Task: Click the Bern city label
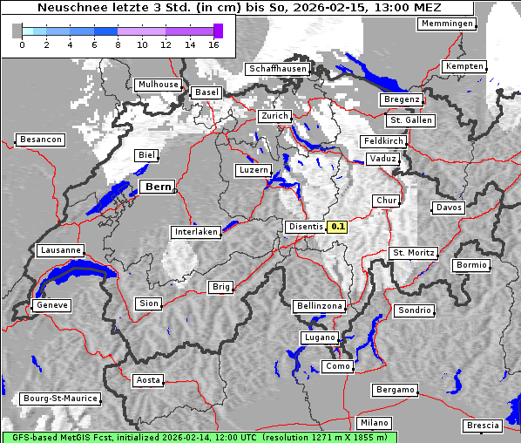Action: [x=158, y=187]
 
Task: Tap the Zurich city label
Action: [x=274, y=116]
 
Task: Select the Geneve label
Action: [x=51, y=305]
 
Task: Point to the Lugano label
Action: [x=319, y=337]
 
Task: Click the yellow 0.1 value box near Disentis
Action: [x=337, y=227]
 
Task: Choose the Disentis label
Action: [x=305, y=227]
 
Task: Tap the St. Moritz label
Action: [x=413, y=253]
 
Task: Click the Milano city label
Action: [x=375, y=423]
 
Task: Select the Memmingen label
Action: [x=447, y=24]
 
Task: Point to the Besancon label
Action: [x=40, y=140]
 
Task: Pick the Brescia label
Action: [x=483, y=426]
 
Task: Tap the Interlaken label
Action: [x=196, y=232]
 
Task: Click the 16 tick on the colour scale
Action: [x=213, y=44]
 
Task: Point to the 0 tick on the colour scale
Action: [x=22, y=44]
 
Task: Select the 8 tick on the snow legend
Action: [x=118, y=44]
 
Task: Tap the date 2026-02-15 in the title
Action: [x=327, y=8]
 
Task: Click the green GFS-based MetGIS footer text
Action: [x=199, y=437]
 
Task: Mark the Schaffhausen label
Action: [x=277, y=69]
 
